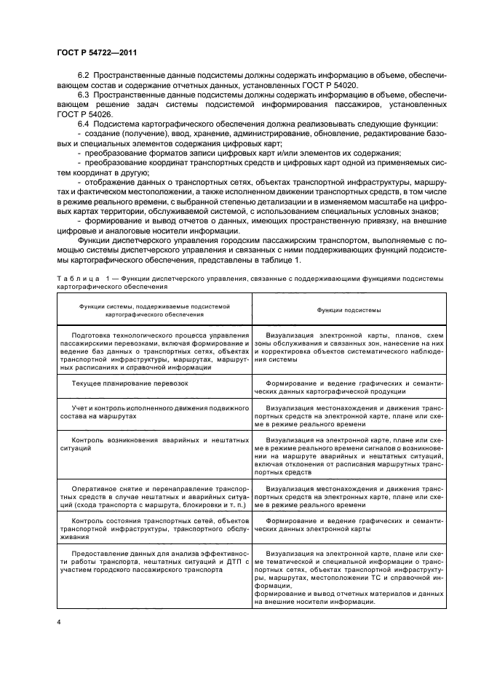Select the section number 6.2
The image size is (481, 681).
pyautogui.click(x=83, y=76)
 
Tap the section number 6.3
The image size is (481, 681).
pyautogui.click(x=83, y=95)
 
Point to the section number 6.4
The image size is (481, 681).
pyautogui.click(x=83, y=124)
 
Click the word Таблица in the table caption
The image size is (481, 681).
pyautogui.click(x=76, y=279)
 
